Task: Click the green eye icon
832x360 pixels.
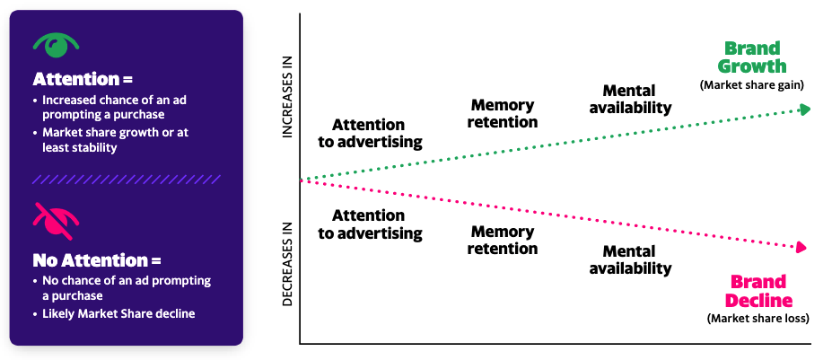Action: click(56, 45)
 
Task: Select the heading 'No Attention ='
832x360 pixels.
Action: click(97, 260)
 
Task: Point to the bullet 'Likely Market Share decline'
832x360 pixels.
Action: click(118, 313)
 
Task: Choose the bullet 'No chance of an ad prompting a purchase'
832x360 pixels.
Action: click(126, 287)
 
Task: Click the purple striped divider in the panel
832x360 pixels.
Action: click(126, 180)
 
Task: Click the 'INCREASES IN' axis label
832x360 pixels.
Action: click(288, 99)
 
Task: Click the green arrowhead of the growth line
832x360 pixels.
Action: click(805, 109)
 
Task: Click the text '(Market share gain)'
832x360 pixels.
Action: click(751, 85)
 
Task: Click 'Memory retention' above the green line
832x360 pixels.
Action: click(504, 114)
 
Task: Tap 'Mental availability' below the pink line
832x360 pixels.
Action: click(636, 259)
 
